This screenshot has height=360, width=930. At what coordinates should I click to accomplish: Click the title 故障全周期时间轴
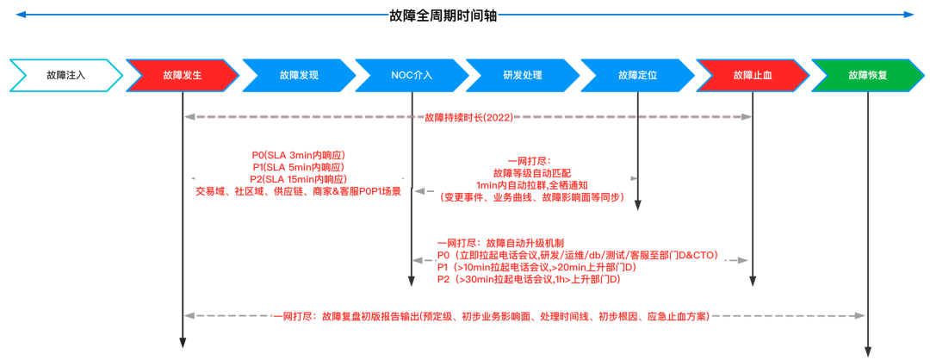click(x=443, y=15)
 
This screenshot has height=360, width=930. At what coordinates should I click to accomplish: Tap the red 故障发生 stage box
click(x=182, y=75)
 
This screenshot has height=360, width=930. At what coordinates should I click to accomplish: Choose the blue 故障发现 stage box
click(x=298, y=75)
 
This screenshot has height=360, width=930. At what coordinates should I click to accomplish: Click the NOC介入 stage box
click(x=412, y=75)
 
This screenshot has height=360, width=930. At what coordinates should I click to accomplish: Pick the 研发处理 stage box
click(x=523, y=75)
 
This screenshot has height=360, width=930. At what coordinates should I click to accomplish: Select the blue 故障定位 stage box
click(x=637, y=75)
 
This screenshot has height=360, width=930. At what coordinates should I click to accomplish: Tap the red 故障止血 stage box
click(x=753, y=75)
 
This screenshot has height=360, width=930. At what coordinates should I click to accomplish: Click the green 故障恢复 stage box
click(x=867, y=75)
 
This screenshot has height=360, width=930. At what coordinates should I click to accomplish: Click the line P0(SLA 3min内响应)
click(x=298, y=155)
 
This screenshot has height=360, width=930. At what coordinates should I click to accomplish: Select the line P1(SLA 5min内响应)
click(x=298, y=167)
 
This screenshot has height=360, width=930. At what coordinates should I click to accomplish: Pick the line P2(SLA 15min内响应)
click(x=298, y=179)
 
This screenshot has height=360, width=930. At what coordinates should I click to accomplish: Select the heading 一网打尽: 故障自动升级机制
click(x=500, y=244)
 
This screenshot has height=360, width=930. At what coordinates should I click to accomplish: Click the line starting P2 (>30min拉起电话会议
click(x=530, y=280)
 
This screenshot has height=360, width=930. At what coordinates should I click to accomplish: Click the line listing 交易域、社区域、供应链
click(x=298, y=191)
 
